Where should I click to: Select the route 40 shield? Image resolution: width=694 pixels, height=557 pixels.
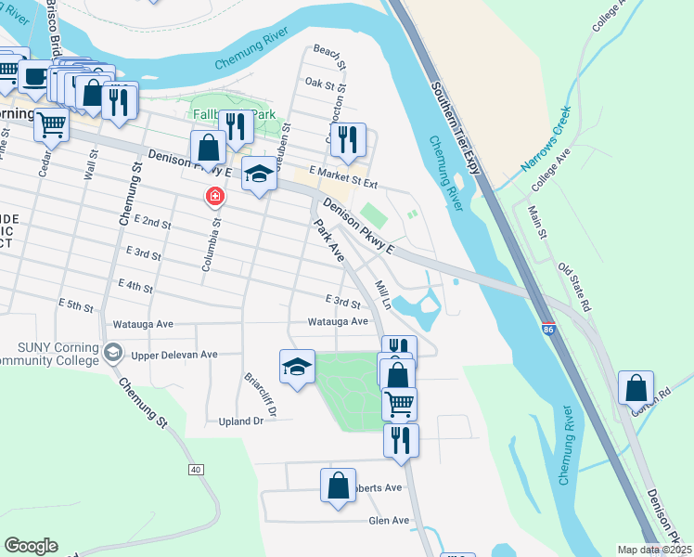coord(196,470)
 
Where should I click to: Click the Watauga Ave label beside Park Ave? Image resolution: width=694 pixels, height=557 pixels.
coord(340,322)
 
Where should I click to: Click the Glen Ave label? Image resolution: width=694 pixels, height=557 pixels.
coord(389,521)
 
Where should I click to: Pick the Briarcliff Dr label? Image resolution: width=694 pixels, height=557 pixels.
coord(255,393)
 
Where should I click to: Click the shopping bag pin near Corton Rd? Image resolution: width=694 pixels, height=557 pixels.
coord(636,388)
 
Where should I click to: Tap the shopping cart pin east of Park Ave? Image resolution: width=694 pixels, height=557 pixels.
coord(399,403)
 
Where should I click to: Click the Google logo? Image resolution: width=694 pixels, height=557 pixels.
coord(31,546)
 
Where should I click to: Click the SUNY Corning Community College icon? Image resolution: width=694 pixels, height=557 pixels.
coord(113,351)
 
